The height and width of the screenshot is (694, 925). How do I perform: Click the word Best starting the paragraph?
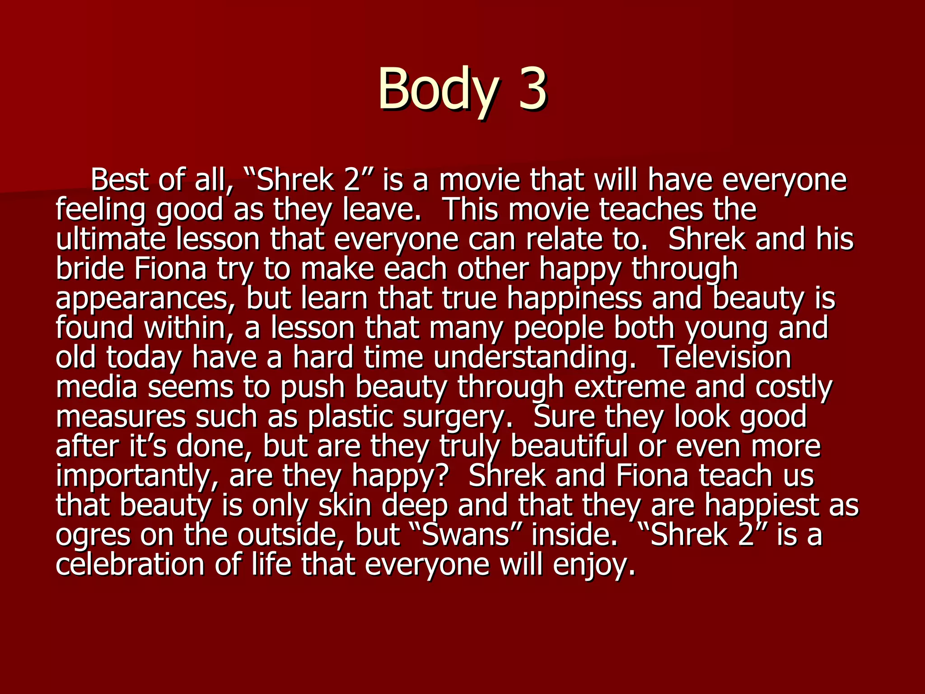click(121, 180)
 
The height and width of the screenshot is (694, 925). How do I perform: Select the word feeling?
click(101, 210)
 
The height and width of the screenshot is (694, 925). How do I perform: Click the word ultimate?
click(111, 239)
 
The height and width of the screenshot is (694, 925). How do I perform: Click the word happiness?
click(574, 298)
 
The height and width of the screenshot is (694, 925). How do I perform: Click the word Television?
click(725, 357)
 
